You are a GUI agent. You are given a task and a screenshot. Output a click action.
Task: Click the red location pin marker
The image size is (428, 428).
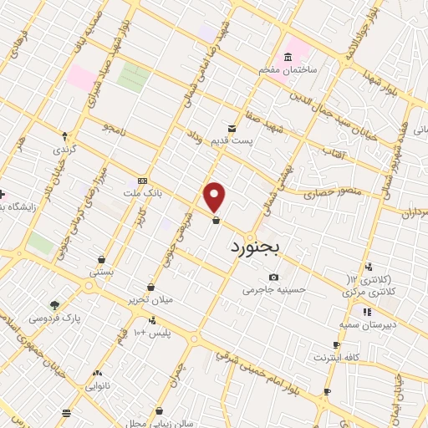216,196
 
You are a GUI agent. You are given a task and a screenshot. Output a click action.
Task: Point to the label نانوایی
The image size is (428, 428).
99,387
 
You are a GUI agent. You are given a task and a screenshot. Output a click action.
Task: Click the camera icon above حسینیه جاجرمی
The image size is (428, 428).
273,278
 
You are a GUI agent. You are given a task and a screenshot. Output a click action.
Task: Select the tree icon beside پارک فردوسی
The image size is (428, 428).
54,305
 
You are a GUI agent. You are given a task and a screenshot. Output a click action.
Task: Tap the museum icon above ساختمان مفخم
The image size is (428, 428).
288,57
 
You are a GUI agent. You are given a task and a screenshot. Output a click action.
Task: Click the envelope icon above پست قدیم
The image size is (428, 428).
232,129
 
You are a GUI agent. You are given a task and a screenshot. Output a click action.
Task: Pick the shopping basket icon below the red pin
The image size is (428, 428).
217,222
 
